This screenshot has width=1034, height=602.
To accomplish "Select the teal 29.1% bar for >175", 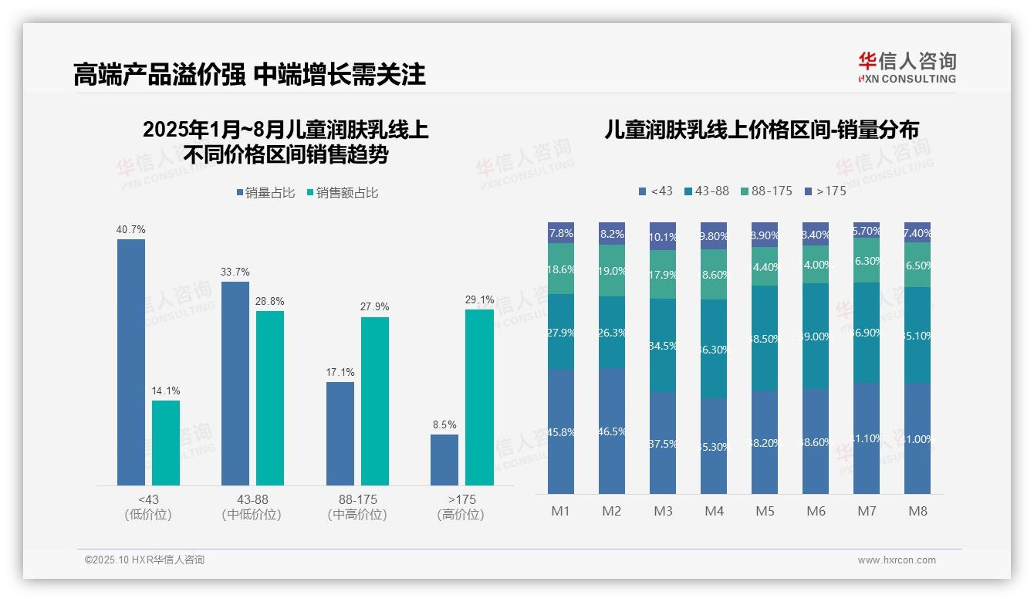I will (x=479, y=397).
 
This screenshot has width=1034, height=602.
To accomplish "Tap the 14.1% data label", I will (x=166, y=391).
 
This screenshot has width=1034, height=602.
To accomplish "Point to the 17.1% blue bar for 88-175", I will (x=340, y=433).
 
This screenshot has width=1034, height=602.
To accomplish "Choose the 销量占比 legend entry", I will (x=265, y=193).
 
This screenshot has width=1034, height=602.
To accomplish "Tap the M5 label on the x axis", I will (x=765, y=511).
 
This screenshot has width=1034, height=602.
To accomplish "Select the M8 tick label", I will (x=917, y=511).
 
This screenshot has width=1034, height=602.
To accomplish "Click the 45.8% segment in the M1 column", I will (x=561, y=431).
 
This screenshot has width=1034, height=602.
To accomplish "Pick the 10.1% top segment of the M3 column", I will (x=663, y=236).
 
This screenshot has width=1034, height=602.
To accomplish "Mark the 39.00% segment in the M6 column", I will (x=816, y=337).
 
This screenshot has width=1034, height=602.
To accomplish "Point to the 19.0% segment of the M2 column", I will (x=612, y=271).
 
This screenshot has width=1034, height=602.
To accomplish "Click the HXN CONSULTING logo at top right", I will (x=907, y=68).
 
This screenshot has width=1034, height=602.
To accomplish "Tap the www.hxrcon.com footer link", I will (x=897, y=560).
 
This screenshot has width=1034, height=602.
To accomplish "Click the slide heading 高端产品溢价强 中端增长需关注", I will (x=249, y=74).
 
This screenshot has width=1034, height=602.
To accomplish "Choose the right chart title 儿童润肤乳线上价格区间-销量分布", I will (x=762, y=130).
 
